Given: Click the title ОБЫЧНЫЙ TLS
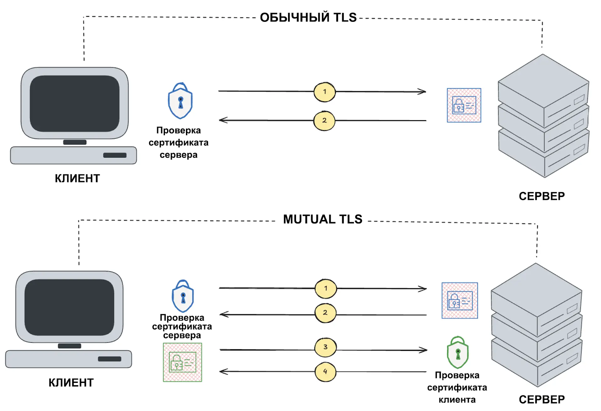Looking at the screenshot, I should tap(308, 17).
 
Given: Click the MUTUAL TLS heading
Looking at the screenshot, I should tap(322, 219).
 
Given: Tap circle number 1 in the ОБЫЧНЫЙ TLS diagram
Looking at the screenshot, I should tap(325, 92).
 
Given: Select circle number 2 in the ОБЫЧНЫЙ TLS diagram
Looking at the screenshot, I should tap(324, 120).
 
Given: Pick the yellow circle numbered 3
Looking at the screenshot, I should tap(325, 347).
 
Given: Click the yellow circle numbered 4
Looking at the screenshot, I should tap(325, 372).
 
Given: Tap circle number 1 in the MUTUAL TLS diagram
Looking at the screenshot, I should tap(326, 289).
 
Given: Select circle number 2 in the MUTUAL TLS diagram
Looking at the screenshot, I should tap(325, 313).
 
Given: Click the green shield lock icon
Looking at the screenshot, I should tap(458, 353).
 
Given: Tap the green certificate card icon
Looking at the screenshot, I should tap(183, 363).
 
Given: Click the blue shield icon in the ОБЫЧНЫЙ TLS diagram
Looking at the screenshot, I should tap(180, 101).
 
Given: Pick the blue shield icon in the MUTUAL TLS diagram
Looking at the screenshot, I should tap(183, 297).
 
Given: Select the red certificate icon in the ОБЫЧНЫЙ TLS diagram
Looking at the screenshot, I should tap(464, 105).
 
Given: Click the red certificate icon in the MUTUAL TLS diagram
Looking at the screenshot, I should tap(460, 301).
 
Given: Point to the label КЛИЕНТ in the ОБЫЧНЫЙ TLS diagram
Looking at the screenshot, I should tap(77, 178).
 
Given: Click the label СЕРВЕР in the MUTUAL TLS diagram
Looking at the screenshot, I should tap(542, 399).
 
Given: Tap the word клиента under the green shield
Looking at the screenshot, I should tap(457, 400).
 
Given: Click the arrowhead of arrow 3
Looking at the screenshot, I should tap(424, 350).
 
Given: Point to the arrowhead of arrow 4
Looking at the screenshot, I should tap(222, 372).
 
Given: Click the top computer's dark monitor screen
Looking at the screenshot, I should tap(75, 103).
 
